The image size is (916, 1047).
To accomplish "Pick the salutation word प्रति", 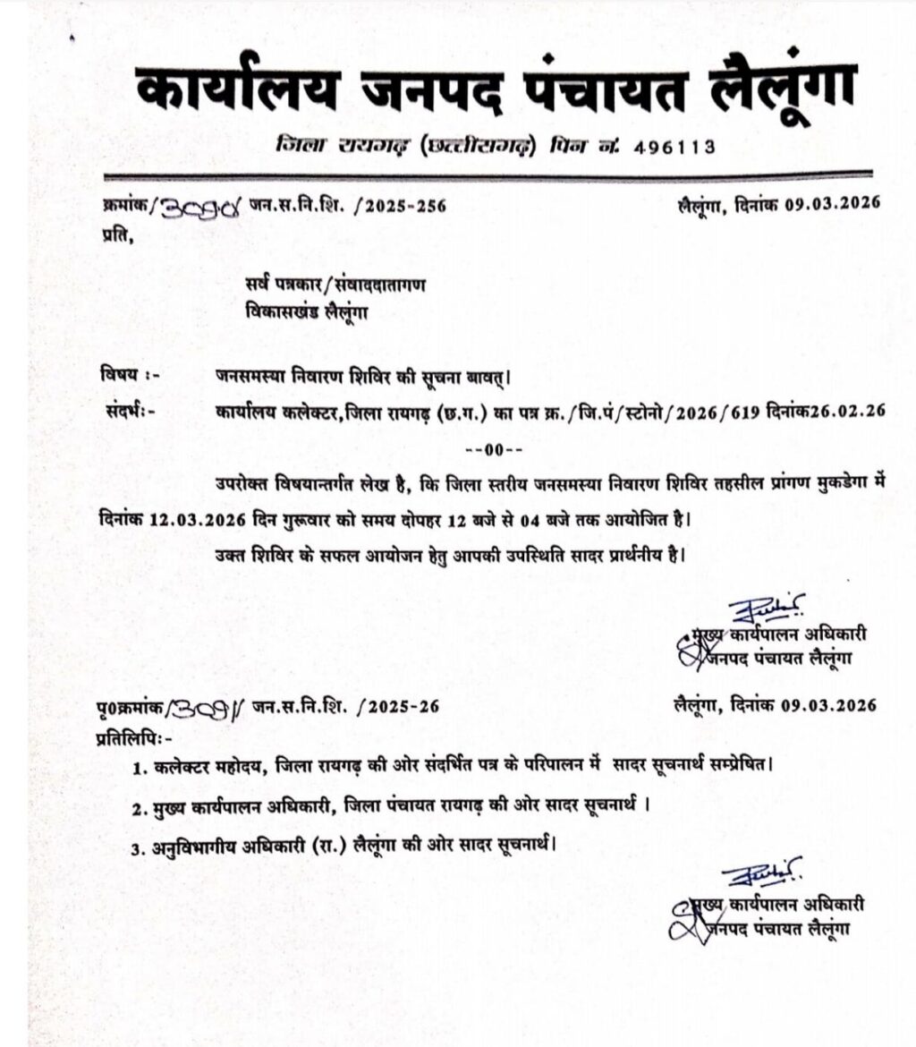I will [x=114, y=236].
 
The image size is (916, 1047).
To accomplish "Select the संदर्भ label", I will [x=122, y=412].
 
